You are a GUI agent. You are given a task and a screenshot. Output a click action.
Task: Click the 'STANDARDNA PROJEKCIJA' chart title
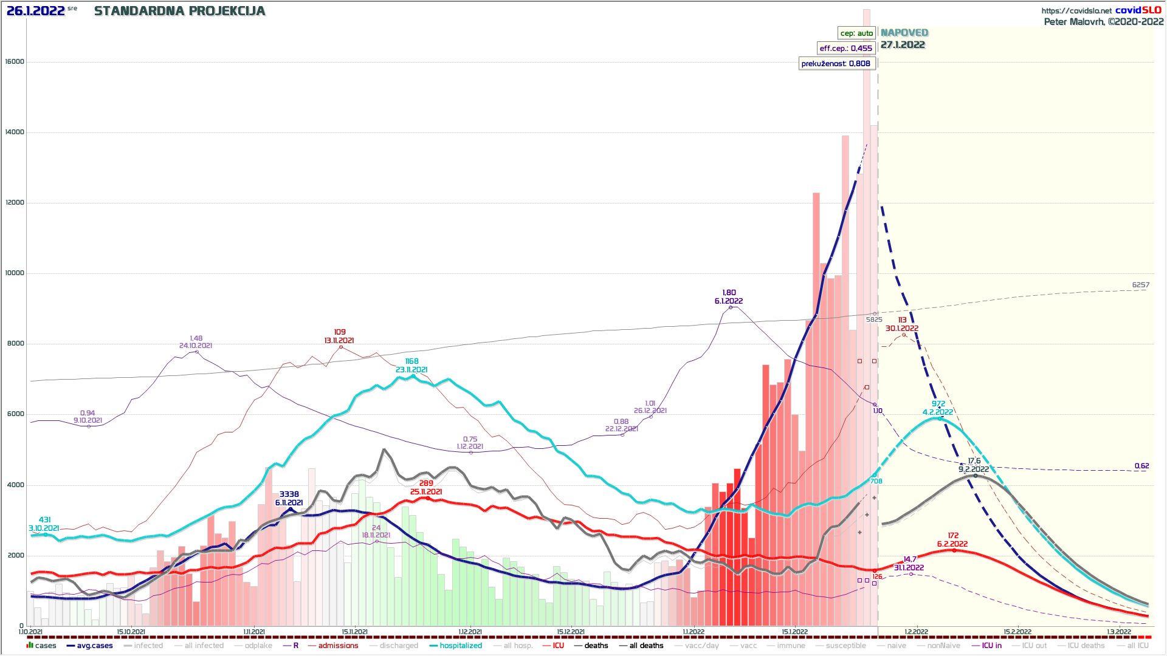(179, 11)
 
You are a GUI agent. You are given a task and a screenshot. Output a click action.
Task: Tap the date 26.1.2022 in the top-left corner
(35, 11)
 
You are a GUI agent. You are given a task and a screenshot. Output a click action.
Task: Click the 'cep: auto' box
(856, 33)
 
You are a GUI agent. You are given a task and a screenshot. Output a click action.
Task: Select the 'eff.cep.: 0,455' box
(845, 48)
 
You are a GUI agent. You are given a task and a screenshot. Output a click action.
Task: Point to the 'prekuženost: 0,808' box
(836, 63)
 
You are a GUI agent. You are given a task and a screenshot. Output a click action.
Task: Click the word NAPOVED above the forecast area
(904, 33)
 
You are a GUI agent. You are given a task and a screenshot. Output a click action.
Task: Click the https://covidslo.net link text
(1076, 10)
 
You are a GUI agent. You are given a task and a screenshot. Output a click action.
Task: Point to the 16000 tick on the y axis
(15, 61)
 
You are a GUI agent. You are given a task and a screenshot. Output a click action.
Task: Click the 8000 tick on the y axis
(15, 344)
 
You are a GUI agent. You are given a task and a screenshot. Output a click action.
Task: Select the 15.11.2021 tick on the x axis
(354, 632)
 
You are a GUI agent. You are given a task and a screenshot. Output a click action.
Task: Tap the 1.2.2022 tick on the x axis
(916, 632)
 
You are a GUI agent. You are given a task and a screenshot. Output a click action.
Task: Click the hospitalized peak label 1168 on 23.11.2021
(411, 361)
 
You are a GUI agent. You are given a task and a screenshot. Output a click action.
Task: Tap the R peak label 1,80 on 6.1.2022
(729, 293)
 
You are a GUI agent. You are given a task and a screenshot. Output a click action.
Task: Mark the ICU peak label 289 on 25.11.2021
(426, 483)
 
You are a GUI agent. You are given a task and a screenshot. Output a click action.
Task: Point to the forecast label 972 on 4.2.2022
(938, 404)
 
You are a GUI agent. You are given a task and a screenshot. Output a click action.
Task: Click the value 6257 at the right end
(1140, 285)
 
